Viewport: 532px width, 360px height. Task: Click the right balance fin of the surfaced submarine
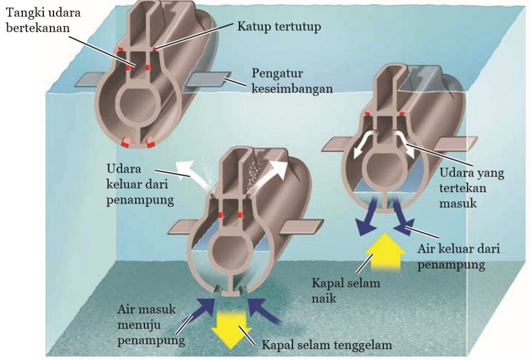(206, 82)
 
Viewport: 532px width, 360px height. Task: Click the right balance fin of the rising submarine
(456, 143)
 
